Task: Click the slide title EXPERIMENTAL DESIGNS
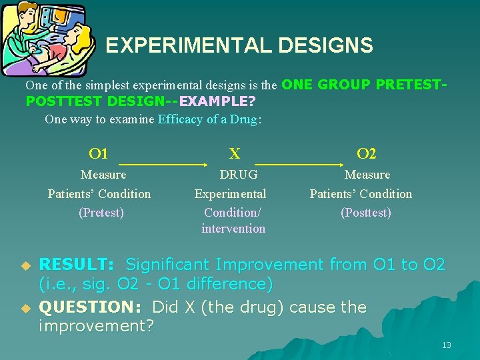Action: click(x=239, y=45)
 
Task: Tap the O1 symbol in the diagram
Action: click(x=98, y=154)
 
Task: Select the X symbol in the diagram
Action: click(x=235, y=154)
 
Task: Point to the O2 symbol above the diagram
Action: click(x=366, y=154)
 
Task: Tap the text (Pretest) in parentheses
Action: click(x=101, y=213)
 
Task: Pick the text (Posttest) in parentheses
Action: click(x=365, y=213)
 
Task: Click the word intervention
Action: click(x=233, y=229)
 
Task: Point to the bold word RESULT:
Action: click(x=77, y=265)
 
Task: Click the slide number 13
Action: click(x=446, y=345)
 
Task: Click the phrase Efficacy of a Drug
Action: click(x=207, y=119)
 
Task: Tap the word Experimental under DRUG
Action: click(x=230, y=194)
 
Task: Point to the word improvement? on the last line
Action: click(x=96, y=326)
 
